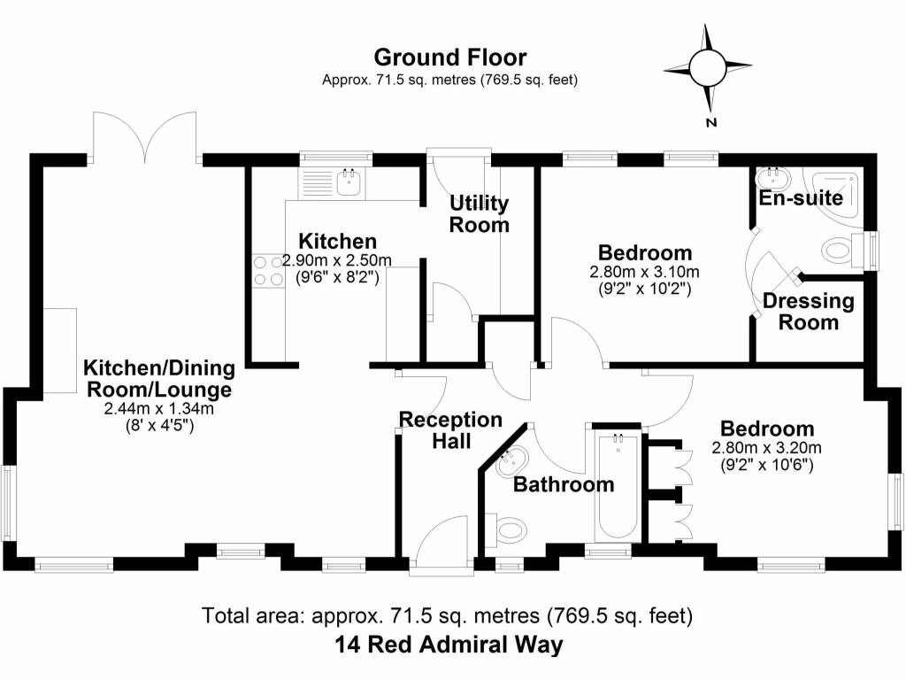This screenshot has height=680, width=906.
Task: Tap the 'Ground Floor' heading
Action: (x=449, y=58)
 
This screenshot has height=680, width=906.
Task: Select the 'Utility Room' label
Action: (x=480, y=213)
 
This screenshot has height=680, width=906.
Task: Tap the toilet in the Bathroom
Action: (x=510, y=533)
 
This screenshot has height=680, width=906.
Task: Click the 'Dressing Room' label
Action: (x=809, y=311)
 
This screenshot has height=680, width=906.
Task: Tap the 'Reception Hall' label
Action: (x=450, y=429)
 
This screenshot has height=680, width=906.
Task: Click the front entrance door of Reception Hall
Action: (x=441, y=542)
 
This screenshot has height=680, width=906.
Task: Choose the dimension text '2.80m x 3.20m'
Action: (x=766, y=447)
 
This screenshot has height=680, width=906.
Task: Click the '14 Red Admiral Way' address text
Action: (x=449, y=645)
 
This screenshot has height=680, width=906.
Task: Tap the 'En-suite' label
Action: (x=801, y=197)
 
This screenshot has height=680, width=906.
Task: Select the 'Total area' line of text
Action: (x=448, y=614)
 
